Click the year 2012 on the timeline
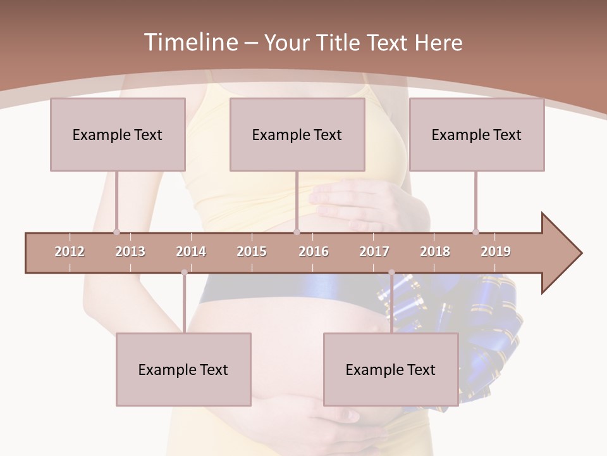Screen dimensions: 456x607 (x=70, y=251)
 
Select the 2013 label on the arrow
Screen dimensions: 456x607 (x=130, y=251)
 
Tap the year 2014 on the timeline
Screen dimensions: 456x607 (x=191, y=251)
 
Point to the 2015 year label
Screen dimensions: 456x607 (x=252, y=251)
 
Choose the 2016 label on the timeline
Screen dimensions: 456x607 (x=314, y=251)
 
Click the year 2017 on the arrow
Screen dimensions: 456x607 (x=374, y=251)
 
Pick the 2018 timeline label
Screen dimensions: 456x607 (x=435, y=251)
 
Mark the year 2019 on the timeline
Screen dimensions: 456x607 (x=496, y=251)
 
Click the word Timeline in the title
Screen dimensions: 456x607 (x=190, y=42)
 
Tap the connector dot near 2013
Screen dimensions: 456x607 (x=116, y=232)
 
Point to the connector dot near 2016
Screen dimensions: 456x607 (x=297, y=232)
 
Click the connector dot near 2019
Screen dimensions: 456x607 (x=475, y=232)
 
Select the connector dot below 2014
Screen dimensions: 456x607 (x=184, y=272)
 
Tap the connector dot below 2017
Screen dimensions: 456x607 (x=391, y=272)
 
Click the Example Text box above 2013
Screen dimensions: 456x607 (x=118, y=134)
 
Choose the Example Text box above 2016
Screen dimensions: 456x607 (x=297, y=134)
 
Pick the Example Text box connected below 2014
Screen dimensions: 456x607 (x=183, y=369)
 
